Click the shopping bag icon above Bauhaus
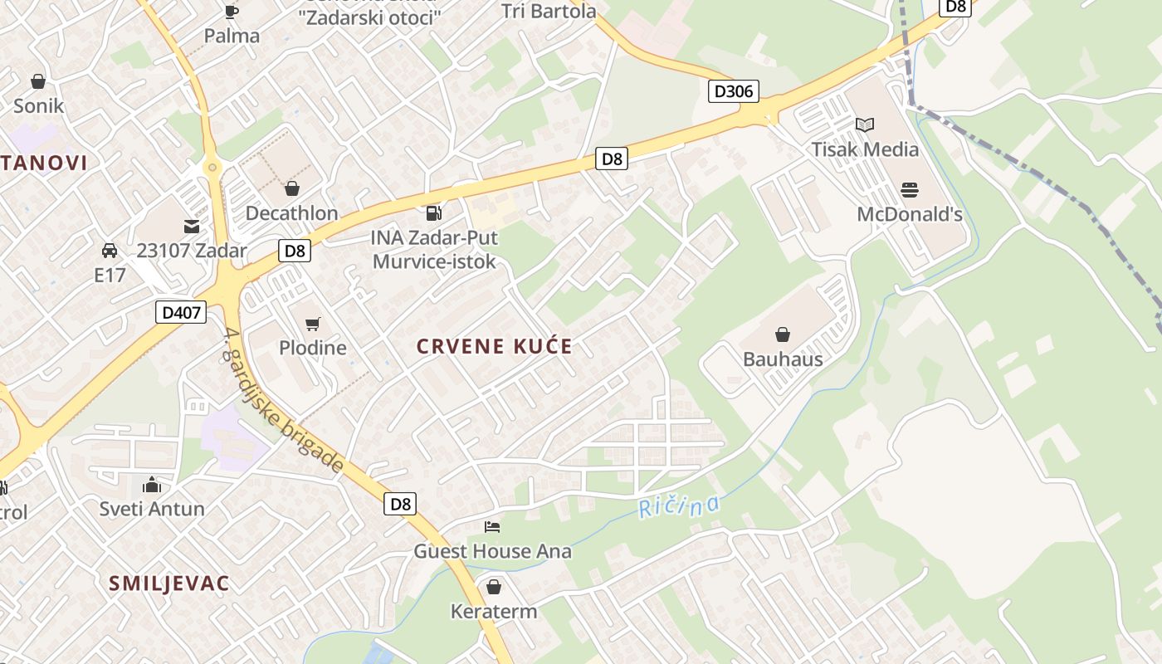[x=782, y=334]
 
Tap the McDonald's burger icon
[x=909, y=189]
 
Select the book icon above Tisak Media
[x=865, y=124]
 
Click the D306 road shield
[x=734, y=90]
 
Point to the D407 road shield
[x=180, y=312]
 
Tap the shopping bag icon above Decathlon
[x=291, y=188]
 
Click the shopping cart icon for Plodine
[x=312, y=324]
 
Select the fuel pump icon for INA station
[x=433, y=213]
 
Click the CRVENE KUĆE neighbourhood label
[x=495, y=346]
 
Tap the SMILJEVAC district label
[x=168, y=583]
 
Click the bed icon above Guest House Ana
[x=492, y=526]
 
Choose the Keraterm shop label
[x=494, y=612]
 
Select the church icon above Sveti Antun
[x=152, y=484]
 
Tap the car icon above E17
[x=109, y=250]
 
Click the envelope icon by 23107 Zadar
[x=192, y=226]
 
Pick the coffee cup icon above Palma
[x=232, y=12]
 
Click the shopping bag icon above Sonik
[x=38, y=81]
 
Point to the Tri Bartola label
[x=549, y=12]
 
